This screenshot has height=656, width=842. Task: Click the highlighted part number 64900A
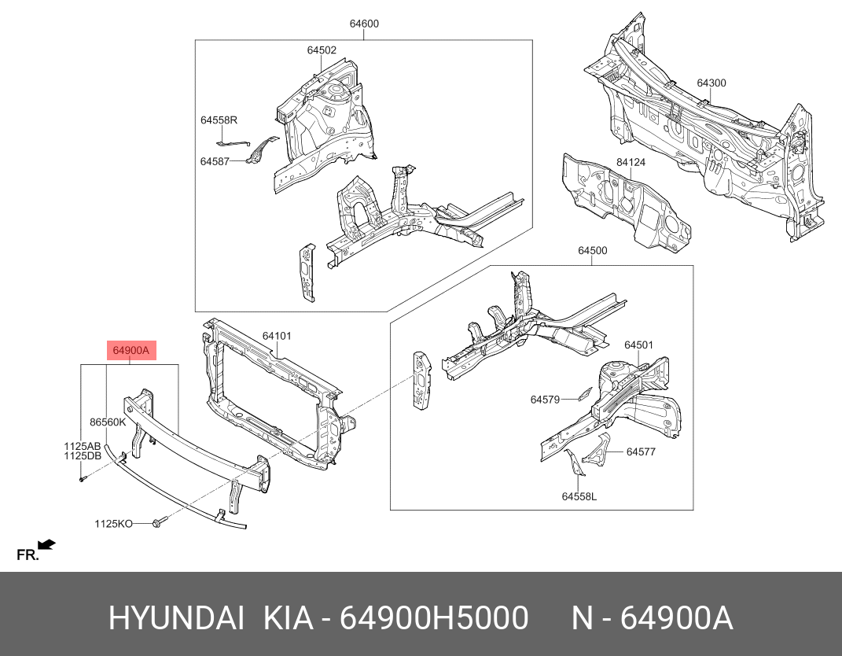131,351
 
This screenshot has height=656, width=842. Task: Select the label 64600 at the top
364,24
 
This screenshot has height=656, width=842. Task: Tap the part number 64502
322,50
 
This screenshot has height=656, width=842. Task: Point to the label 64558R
219,120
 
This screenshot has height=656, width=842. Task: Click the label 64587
214,161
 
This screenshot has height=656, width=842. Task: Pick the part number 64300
711,83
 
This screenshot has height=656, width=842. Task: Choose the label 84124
631,163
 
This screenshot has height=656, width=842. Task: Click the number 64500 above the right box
592,251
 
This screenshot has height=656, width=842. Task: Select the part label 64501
639,345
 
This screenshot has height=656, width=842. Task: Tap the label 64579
545,400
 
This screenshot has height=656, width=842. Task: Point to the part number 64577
641,452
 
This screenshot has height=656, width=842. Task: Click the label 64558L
579,496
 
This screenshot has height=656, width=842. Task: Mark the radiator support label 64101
277,336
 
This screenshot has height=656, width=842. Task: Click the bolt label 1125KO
113,523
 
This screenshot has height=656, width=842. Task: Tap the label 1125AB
83,446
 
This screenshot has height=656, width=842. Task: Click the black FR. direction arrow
47,544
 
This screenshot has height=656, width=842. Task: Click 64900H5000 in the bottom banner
433,619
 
